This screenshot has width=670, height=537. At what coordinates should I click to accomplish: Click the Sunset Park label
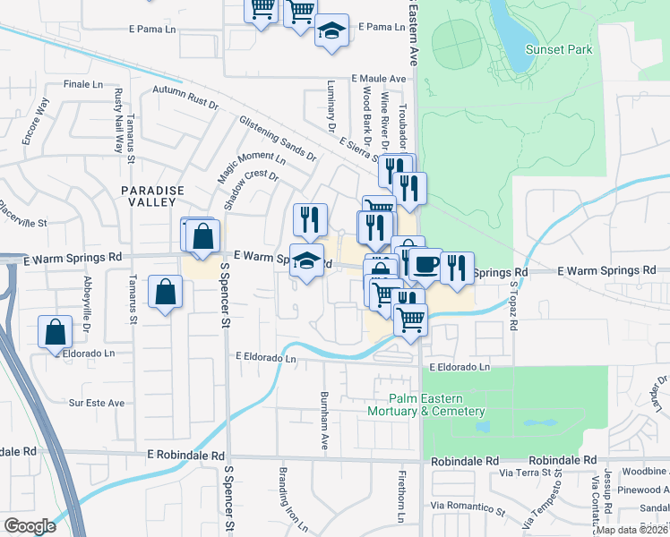coord(559,50)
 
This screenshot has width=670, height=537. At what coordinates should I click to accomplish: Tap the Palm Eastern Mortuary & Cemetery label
coord(425,405)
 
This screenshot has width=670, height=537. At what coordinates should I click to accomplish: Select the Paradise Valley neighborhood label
coord(152,196)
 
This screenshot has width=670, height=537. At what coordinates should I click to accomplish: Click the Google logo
coord(30,526)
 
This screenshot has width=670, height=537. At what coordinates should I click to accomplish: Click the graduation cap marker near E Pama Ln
coord(331,32)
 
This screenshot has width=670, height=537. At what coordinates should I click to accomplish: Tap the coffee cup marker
coord(426,264)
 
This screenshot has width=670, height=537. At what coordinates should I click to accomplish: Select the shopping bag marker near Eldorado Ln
coord(56,331)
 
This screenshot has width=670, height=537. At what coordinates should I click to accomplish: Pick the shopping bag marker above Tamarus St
coord(166,292)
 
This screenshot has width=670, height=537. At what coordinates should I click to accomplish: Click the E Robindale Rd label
coord(186,456)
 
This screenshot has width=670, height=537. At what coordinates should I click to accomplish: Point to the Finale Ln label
coord(84,84)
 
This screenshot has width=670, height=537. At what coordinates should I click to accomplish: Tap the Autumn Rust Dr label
coord(185,98)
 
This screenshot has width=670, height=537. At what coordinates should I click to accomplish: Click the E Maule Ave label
coord(380,79)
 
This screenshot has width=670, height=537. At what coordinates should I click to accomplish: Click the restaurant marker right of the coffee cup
coord(457,267)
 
